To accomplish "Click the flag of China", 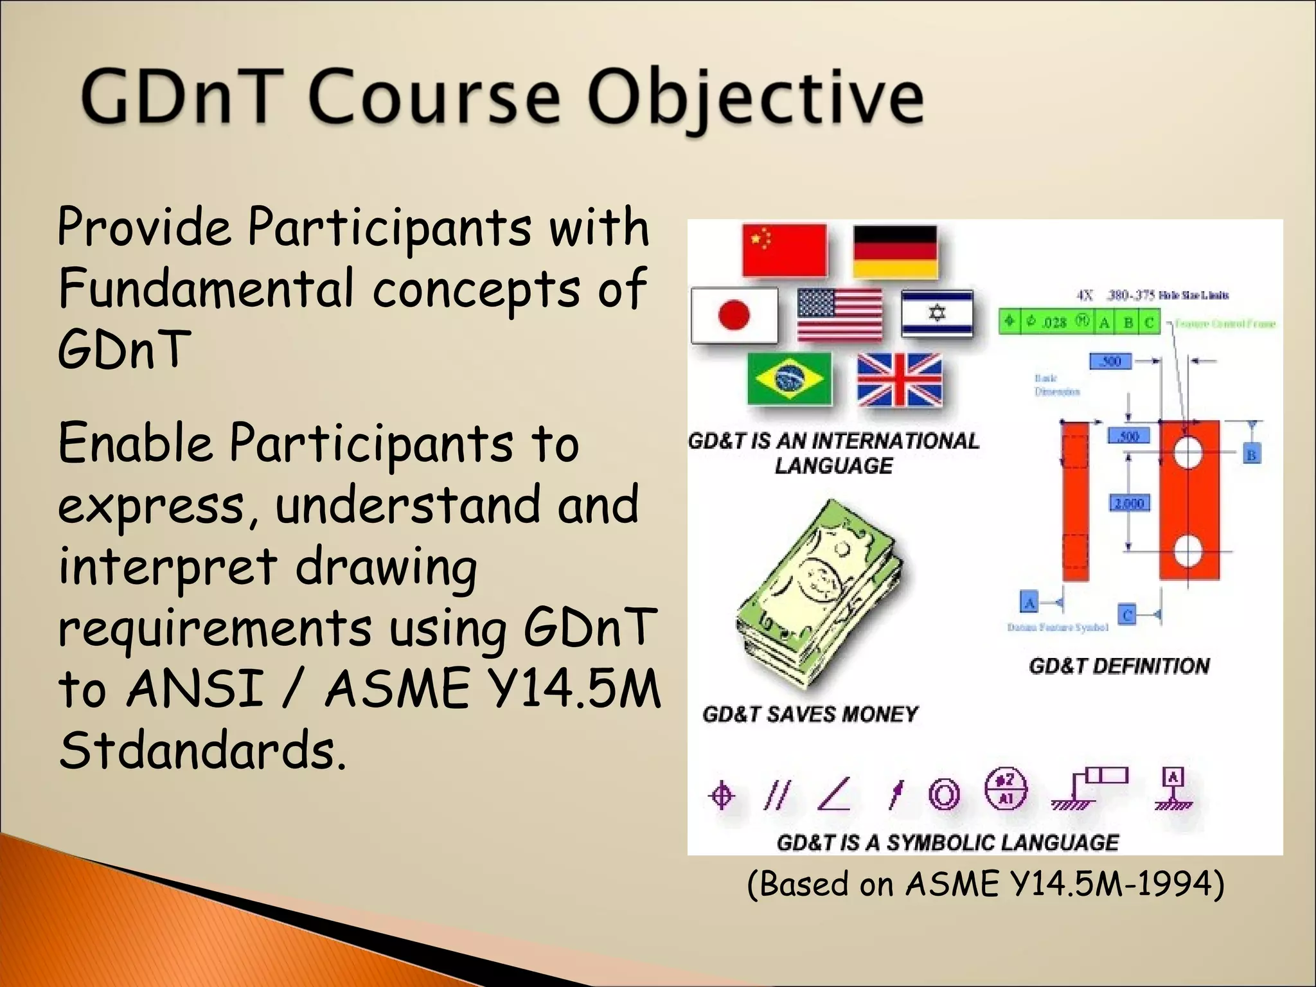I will (784, 250).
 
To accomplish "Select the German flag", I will (895, 251).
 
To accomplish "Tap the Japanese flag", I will (734, 315).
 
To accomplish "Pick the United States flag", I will (839, 314).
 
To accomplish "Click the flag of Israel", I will (937, 313).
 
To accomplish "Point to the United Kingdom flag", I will (900, 380).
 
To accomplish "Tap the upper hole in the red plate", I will (1187, 453).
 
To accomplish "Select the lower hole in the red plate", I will (1187, 551).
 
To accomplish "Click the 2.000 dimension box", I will (1129, 502).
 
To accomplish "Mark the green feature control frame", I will (1080, 321).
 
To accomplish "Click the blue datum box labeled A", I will (1029, 603).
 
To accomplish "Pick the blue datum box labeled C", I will (1126, 614).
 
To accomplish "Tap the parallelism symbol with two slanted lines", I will (776, 795).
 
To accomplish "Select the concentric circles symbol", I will (944, 795).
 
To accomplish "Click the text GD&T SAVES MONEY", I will (810, 714).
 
